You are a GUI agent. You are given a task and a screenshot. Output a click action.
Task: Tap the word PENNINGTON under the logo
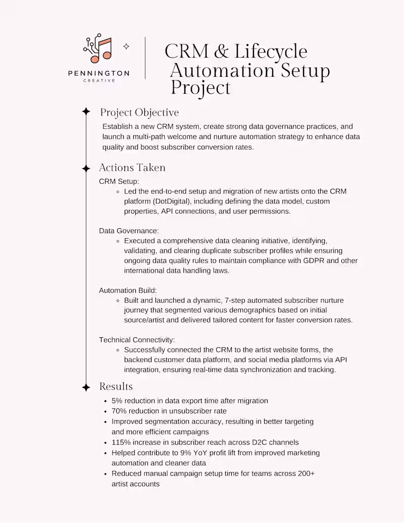98,74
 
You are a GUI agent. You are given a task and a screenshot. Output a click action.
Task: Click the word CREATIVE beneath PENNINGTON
98,81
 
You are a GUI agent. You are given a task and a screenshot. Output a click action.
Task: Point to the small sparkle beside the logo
126,46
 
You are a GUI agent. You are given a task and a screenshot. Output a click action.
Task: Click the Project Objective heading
139,112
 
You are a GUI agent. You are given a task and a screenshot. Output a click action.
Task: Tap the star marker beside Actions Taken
86,168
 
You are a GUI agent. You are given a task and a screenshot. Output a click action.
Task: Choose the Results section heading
116,387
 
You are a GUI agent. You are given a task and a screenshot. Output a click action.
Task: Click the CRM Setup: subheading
119,181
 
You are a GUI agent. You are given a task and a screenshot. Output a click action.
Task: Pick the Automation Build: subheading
128,290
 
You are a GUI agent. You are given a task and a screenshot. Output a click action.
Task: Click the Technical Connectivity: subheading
137,340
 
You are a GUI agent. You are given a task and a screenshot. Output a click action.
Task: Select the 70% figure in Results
120,411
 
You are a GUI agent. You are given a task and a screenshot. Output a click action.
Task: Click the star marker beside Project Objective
86,112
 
